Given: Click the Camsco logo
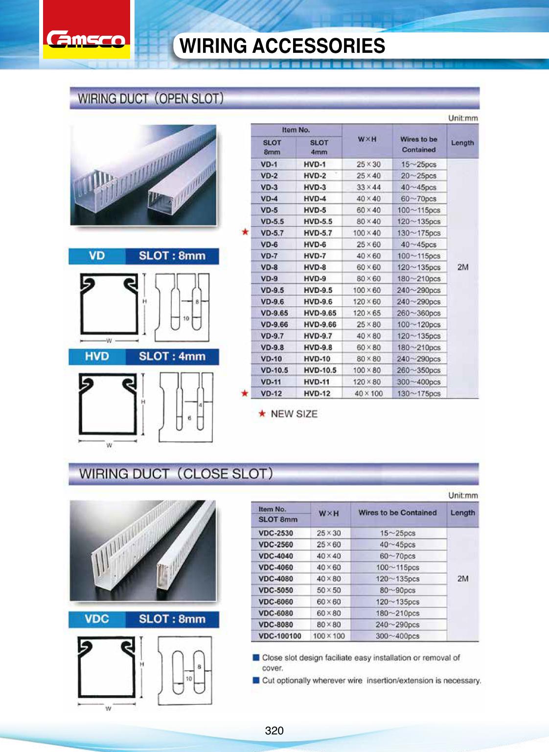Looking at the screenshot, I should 86,39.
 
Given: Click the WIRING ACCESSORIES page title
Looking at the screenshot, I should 282,46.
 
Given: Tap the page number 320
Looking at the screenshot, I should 274,730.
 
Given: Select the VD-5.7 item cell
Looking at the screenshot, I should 272,233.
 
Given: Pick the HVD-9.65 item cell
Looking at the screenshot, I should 320,313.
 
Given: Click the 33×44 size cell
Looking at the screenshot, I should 368,187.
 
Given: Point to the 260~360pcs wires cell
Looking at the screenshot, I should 419,313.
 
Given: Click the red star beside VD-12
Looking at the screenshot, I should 245,393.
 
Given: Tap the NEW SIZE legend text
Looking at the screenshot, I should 294,414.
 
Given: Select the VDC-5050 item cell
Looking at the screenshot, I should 275,590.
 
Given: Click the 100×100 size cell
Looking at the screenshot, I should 329,636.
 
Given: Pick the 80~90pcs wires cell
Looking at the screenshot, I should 397,590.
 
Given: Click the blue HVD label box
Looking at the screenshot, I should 97,357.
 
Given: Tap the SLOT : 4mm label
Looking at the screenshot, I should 172,357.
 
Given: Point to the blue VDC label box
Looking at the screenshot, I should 97,619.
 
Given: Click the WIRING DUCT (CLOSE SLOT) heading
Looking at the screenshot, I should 176,474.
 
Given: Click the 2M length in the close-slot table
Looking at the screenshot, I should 462,579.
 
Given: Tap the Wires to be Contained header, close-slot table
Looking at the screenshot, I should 397,513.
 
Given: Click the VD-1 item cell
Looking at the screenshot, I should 269,165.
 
